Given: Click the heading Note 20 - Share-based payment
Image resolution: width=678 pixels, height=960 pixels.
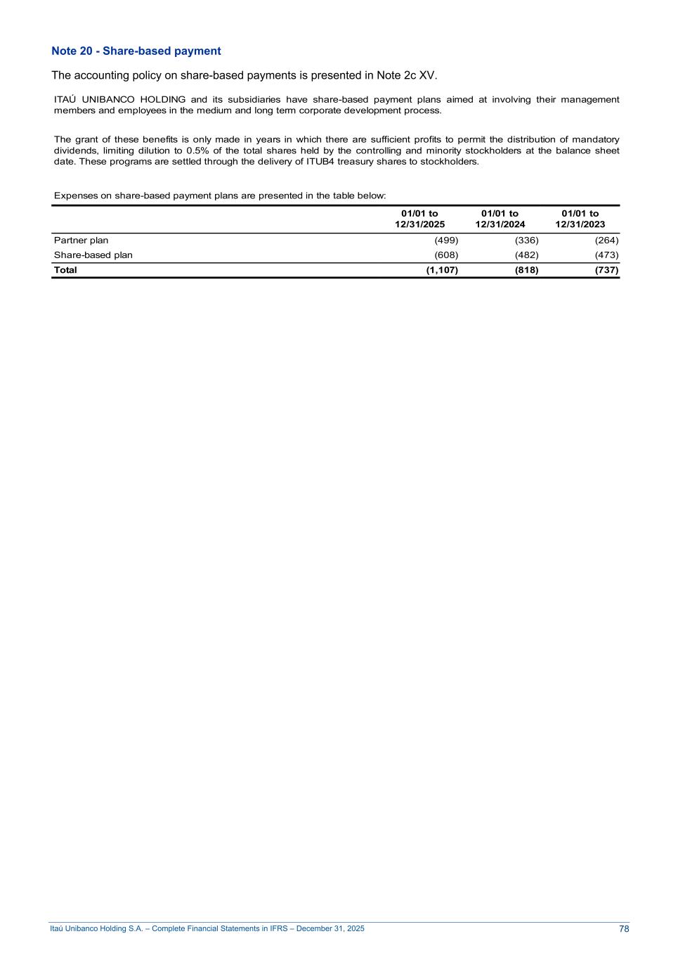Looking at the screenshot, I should click(x=136, y=51).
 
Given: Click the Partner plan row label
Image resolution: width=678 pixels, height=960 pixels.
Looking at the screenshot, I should click(x=82, y=241).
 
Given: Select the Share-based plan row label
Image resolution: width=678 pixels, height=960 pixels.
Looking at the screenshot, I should click(x=93, y=255).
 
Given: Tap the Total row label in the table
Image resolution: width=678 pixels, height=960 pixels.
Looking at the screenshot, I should click(x=65, y=270).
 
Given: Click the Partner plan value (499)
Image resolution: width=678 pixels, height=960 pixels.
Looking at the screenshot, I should click(x=446, y=241).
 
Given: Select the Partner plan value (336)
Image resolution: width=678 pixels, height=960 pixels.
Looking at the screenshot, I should click(x=526, y=241).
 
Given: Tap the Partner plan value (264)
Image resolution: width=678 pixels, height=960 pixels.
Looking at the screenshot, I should click(x=606, y=241).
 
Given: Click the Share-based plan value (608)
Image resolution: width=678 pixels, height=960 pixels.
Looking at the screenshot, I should click(x=446, y=255).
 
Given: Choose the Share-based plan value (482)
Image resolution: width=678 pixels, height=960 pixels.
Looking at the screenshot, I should click(x=526, y=255).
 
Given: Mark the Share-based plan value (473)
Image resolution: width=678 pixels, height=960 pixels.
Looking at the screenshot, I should click(x=606, y=255).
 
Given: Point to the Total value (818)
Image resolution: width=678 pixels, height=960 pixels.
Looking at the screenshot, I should click(x=526, y=270).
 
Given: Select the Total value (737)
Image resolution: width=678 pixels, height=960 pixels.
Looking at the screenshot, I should click(x=606, y=270).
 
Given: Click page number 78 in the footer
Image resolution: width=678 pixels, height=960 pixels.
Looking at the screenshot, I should click(x=624, y=929).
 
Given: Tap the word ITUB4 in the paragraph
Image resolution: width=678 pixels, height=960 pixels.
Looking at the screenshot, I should click(x=320, y=162).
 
